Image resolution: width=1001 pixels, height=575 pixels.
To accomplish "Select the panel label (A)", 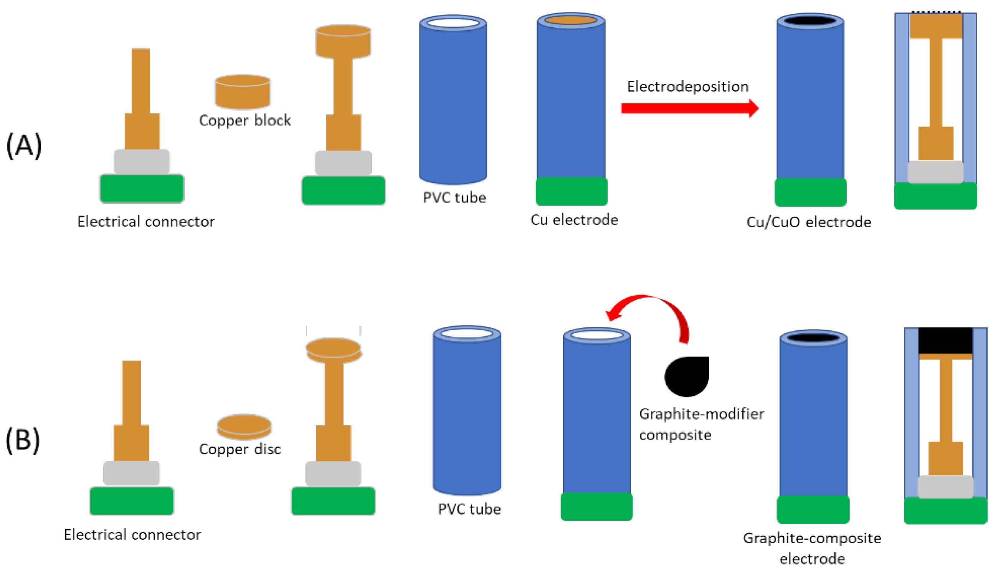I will point(24,145).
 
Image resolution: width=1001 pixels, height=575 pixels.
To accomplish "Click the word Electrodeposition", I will point(687,86).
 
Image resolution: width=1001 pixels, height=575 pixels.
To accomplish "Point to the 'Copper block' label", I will point(244,120).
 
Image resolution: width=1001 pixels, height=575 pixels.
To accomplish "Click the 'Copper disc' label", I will point(240,449).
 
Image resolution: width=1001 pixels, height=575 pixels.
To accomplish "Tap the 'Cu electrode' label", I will point(574,219).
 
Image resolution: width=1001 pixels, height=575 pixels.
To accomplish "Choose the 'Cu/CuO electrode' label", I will point(809,222).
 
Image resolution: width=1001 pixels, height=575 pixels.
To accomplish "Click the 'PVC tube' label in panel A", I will point(454,198).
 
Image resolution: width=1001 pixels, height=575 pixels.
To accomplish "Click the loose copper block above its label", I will point(243,92).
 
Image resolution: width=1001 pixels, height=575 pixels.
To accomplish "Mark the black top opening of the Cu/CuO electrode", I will point(810,21).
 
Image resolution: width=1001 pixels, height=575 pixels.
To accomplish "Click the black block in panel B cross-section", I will point(945,340).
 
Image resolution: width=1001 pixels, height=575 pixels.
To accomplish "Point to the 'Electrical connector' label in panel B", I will point(132,535).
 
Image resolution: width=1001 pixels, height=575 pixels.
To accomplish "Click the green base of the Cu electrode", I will point(571,191).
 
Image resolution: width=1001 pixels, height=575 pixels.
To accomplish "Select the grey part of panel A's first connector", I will point(141,161).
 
